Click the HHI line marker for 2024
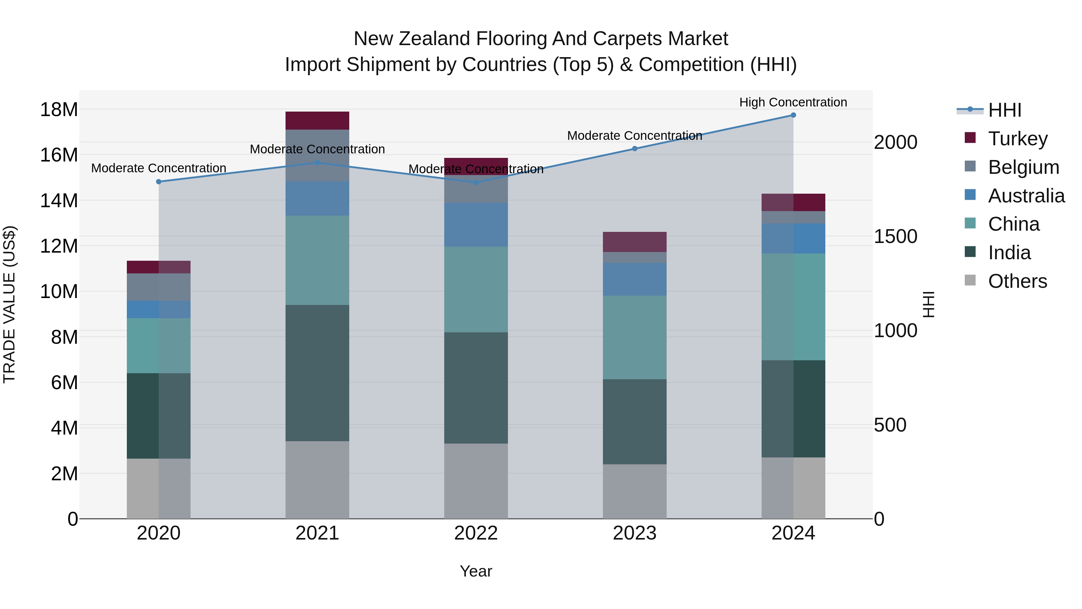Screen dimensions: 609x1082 [x=793, y=115]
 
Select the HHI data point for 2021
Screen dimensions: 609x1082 [x=317, y=163]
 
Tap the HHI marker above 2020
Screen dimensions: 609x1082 [x=158, y=182]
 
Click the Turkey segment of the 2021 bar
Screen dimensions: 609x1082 [x=317, y=121]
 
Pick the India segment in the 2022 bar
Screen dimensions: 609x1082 [x=476, y=388]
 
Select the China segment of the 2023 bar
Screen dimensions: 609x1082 [x=634, y=337]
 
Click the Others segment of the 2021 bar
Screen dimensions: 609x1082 [x=317, y=480]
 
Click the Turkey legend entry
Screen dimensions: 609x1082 [x=1017, y=139]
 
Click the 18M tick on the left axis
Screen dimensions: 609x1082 [x=59, y=110]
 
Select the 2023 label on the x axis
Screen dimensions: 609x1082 [x=634, y=533]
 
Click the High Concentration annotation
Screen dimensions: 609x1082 [x=793, y=102]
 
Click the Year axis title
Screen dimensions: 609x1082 [x=476, y=571]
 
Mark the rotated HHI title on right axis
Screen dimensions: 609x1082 [x=929, y=304]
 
